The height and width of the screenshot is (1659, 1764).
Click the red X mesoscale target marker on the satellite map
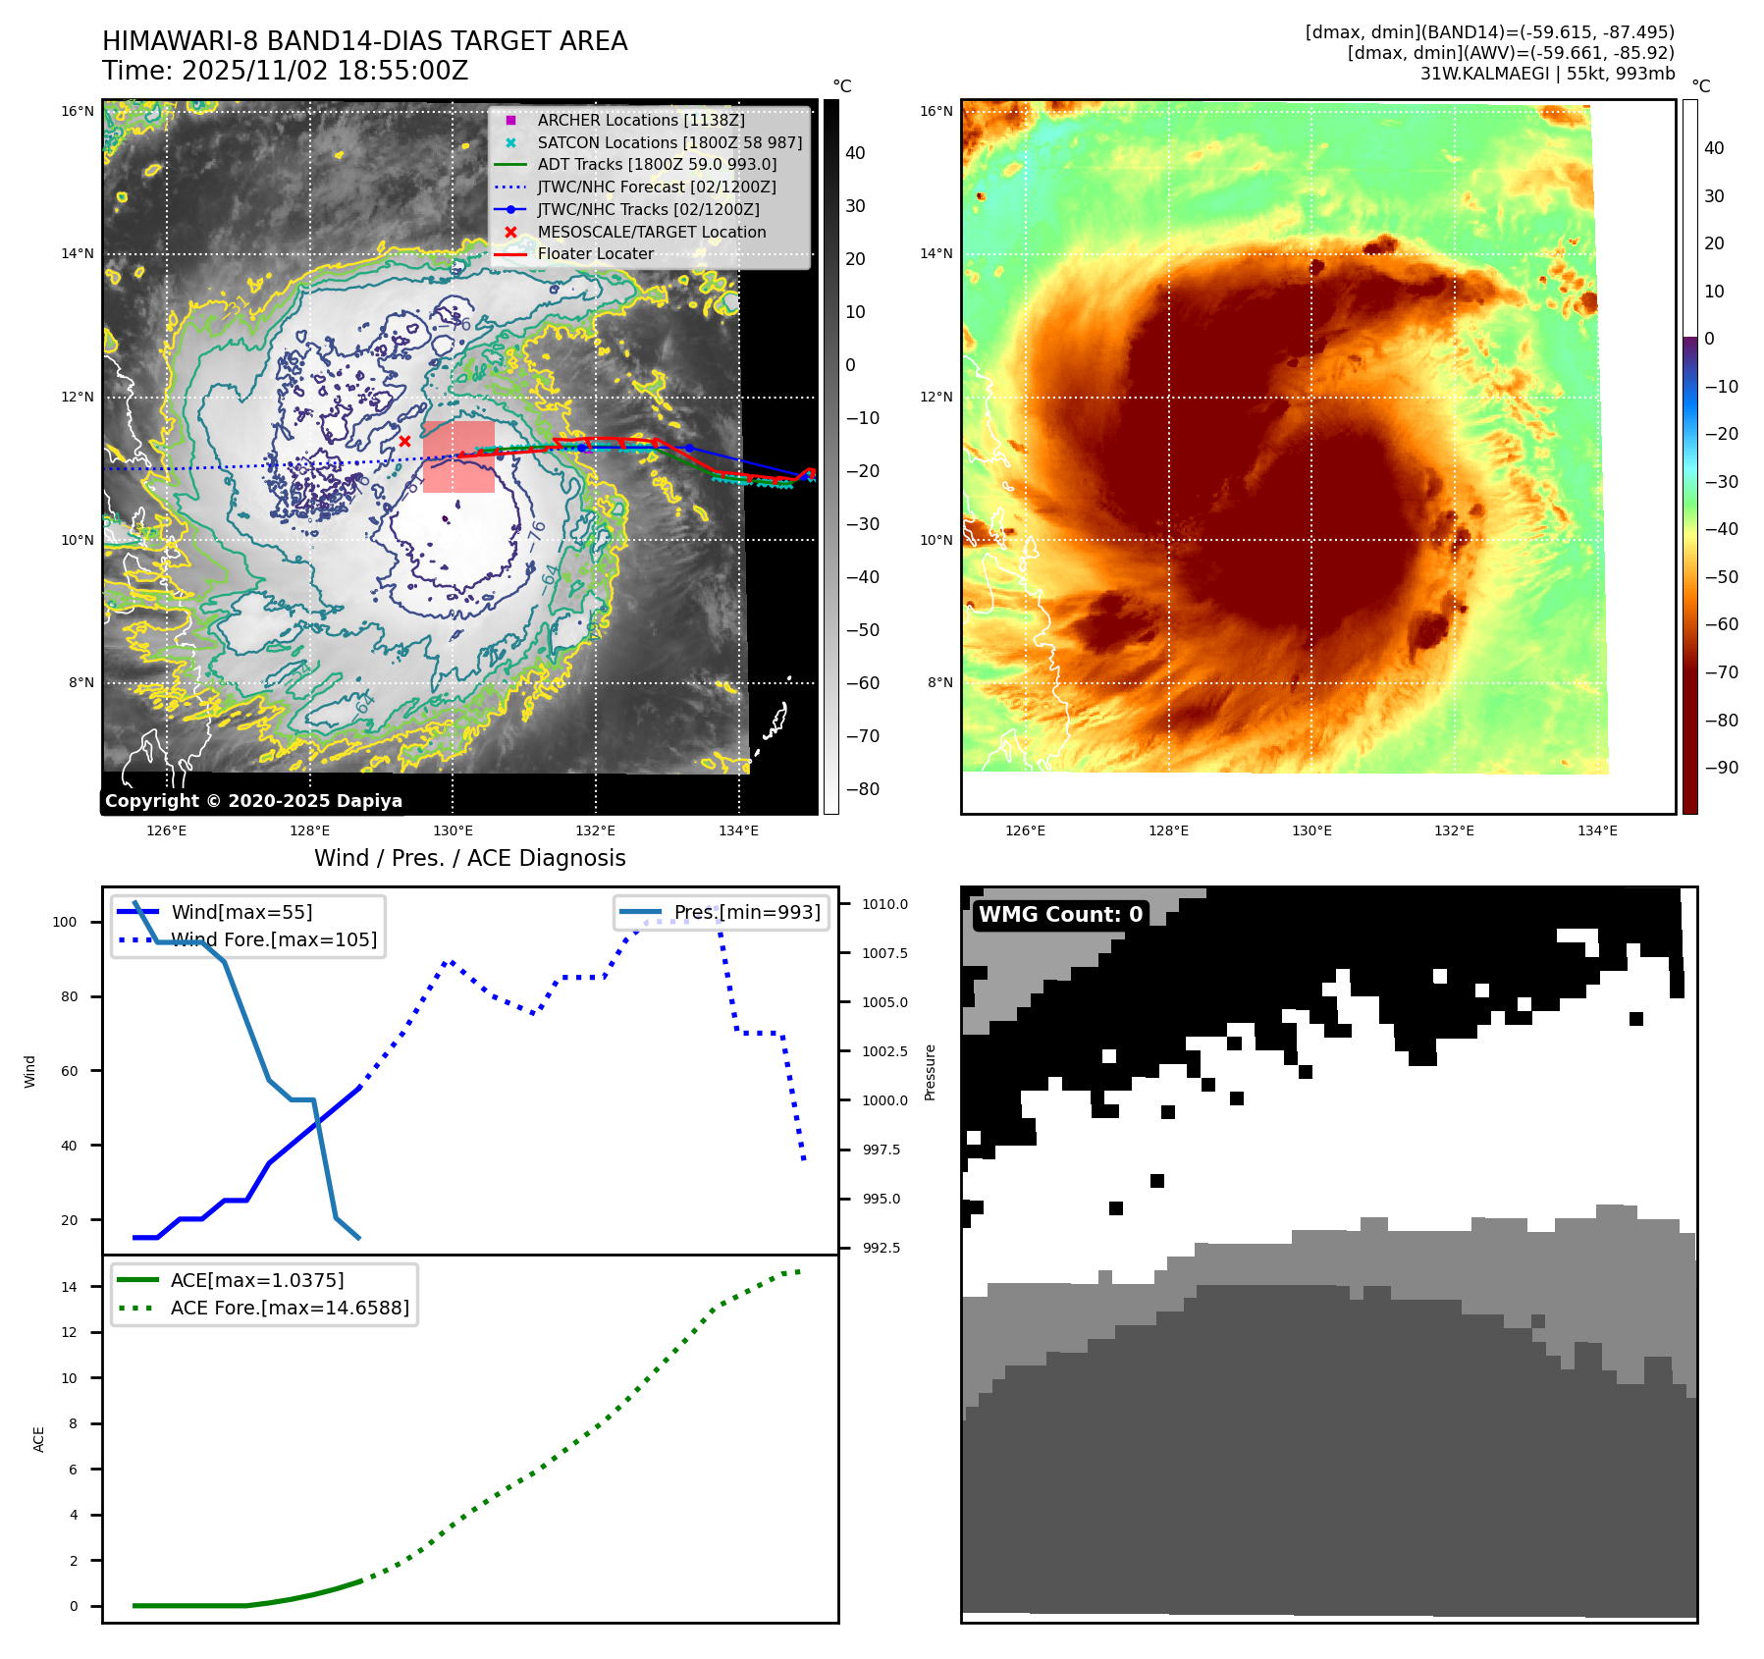404,442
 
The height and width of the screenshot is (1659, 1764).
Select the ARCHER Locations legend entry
640,120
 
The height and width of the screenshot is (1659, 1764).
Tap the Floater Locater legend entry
595,253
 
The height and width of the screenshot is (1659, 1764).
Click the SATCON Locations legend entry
669,142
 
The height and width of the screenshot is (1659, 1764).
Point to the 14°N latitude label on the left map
79,253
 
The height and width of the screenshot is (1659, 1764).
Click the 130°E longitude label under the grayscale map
453,830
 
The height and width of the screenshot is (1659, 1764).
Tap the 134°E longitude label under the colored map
1597,830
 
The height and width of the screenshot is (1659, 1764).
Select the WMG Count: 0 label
1060,914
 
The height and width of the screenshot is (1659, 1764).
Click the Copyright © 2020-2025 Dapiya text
253,801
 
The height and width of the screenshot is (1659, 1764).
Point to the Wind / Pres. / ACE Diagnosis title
469,858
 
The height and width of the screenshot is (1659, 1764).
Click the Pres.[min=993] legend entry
746,912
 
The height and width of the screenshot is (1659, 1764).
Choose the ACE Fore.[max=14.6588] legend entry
290,1308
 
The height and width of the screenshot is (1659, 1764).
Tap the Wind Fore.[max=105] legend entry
274,939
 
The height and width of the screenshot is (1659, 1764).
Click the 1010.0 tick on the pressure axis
884,904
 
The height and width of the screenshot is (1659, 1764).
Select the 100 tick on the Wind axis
65,922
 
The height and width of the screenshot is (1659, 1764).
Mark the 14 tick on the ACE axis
69,1286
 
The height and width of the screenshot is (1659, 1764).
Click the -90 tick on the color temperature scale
1721,768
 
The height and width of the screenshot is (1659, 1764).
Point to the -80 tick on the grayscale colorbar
863,789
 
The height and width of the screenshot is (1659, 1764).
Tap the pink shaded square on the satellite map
458,456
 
